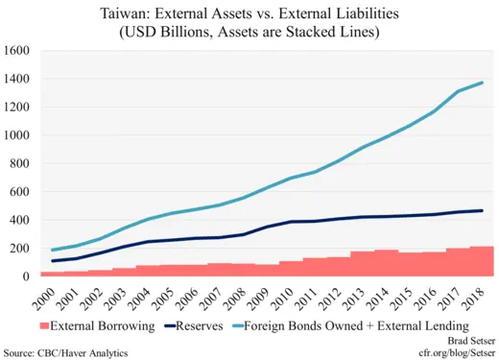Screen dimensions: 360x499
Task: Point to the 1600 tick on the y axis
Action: pyautogui.click(x=17, y=50)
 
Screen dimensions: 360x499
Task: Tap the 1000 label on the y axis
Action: pyautogui.click(x=17, y=135)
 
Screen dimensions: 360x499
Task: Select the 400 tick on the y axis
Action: pyautogui.click(x=21, y=220)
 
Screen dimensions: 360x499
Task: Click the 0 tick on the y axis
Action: pyautogui.click(x=27, y=276)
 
